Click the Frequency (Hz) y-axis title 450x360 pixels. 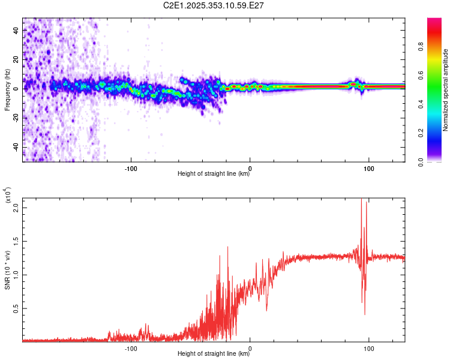[7, 90]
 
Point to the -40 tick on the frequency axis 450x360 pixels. [16, 147]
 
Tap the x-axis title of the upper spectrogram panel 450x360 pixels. [214, 174]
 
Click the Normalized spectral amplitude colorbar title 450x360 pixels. [445, 90]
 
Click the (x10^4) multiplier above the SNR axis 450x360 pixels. [8, 196]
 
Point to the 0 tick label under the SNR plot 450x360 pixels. [250, 347]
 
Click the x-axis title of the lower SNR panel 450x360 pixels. [214, 353]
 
